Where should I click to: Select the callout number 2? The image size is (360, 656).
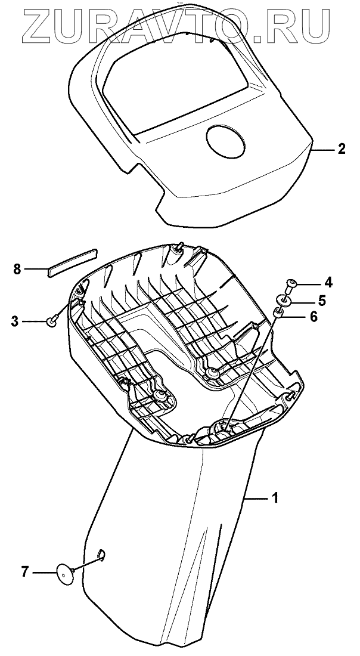click(340, 149)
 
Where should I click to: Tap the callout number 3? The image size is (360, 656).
click(15, 322)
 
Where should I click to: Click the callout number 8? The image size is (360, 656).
click(17, 269)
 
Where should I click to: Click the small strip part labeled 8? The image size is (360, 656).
click(72, 260)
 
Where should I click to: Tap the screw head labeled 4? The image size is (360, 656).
click(292, 283)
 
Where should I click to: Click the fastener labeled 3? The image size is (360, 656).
click(52, 322)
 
